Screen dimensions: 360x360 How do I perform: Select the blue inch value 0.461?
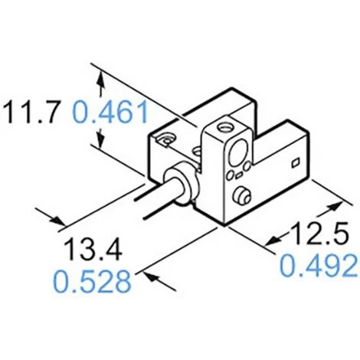110,112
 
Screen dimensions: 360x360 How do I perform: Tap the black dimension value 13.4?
93,249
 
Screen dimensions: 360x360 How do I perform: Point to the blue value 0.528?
92,282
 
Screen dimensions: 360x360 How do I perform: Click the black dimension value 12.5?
320,233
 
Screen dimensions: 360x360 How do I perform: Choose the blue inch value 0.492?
319,267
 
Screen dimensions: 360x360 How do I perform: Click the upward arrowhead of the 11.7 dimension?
101,79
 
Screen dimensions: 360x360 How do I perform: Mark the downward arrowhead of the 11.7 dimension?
101,140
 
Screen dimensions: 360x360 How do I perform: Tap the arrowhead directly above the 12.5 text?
335,206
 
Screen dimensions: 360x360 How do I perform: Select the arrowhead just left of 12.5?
273,241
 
